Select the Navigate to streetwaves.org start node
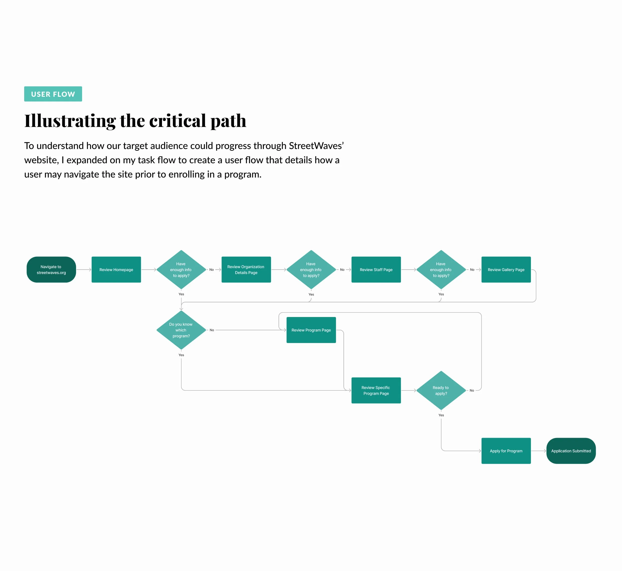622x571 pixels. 51,269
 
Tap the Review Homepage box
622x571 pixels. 116,269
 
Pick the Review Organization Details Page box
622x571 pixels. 246,269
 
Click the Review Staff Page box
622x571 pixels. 376,269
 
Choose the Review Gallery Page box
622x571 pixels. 506,269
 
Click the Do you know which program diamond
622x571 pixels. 181,330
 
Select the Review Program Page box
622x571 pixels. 311,330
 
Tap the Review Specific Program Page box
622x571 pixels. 376,390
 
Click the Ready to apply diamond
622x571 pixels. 441,390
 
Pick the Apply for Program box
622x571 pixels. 506,451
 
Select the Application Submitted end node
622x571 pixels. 571,451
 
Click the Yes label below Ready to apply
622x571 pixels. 441,415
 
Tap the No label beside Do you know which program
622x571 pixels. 212,330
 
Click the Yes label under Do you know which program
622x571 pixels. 181,355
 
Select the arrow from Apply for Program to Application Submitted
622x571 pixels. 539,451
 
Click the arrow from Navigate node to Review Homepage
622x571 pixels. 84,269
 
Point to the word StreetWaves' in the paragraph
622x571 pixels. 316,146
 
